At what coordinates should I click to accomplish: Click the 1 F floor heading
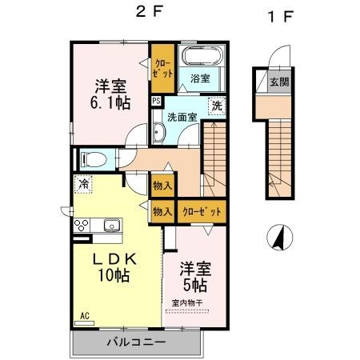(x=276, y=15)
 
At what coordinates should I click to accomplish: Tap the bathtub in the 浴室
(x=200, y=59)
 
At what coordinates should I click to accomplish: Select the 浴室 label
(x=200, y=78)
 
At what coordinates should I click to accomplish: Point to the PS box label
(x=156, y=101)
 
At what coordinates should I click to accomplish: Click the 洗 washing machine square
(x=217, y=106)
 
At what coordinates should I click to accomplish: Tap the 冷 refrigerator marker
(x=83, y=184)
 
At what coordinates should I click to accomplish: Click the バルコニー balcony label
(x=136, y=342)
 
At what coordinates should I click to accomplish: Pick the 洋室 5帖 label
(x=194, y=276)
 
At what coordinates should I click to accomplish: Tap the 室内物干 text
(x=189, y=302)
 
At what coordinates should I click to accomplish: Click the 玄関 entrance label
(x=278, y=81)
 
